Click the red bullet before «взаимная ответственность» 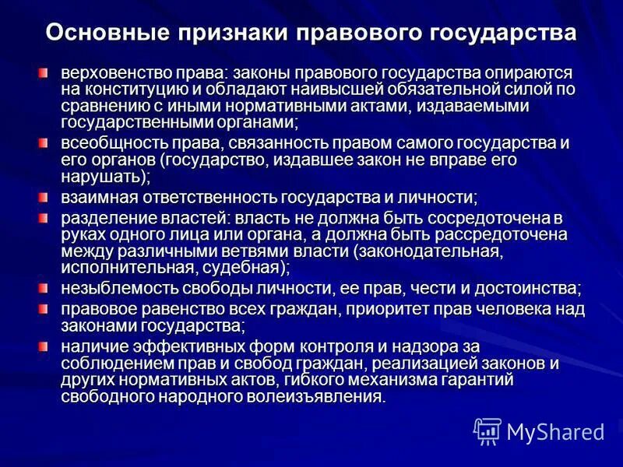point(44,197)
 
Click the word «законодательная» point(428,251)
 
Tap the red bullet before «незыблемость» point(44,288)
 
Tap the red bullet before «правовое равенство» point(44,308)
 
